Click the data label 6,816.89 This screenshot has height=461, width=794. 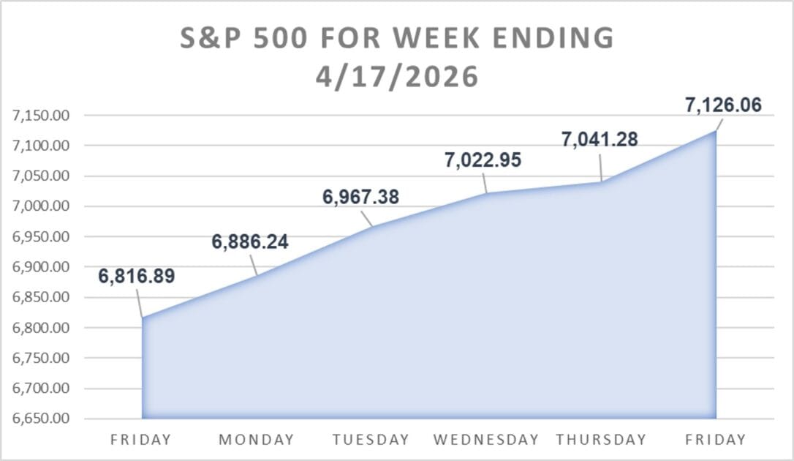point(137,277)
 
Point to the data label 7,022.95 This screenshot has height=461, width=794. point(482,160)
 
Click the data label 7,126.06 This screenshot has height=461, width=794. point(723,105)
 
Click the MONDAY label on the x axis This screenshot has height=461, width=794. point(257,440)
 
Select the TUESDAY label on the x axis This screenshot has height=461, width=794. point(371,440)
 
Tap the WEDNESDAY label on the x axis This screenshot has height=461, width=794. point(486,440)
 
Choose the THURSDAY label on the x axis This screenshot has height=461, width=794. point(601,440)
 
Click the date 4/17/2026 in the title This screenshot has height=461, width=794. point(397,77)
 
